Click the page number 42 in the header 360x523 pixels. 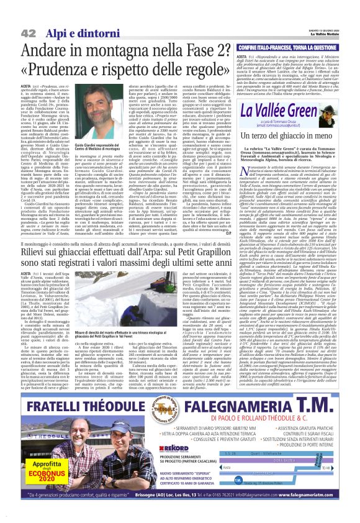(28, 14)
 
